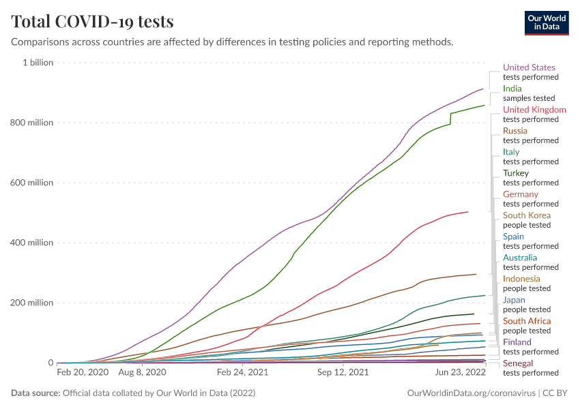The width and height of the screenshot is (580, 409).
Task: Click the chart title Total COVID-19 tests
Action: pyautogui.click(x=92, y=22)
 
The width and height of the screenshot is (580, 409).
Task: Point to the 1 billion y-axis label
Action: pyautogui.click(x=38, y=63)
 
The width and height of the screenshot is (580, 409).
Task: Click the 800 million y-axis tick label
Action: pyautogui.click(x=32, y=123)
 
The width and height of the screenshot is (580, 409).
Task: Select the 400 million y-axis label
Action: pyautogui.click(x=32, y=243)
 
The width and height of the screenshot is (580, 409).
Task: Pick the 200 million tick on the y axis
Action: pyautogui.click(x=32, y=303)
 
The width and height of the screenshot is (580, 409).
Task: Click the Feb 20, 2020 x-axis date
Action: pyautogui.click(x=83, y=373)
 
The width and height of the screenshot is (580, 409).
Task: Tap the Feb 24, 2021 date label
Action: pyautogui.click(x=242, y=373)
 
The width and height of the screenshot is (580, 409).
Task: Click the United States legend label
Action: pyautogui.click(x=529, y=67)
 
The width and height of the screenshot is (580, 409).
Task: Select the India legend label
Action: pyautogui.click(x=512, y=89)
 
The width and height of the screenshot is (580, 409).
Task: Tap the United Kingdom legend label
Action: pyautogui.click(x=534, y=110)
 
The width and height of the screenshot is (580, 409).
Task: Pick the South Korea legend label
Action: pyautogui.click(x=527, y=215)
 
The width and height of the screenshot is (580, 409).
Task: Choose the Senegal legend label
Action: pyautogui.click(x=518, y=363)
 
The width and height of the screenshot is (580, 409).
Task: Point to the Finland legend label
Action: pyautogui.click(x=517, y=342)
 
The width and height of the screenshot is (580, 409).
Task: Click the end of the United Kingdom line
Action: pyautogui.click(x=468, y=212)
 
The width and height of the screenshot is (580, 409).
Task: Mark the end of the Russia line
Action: pyautogui.click(x=476, y=275)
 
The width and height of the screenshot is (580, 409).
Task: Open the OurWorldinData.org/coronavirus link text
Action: pyautogui.click(x=470, y=393)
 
